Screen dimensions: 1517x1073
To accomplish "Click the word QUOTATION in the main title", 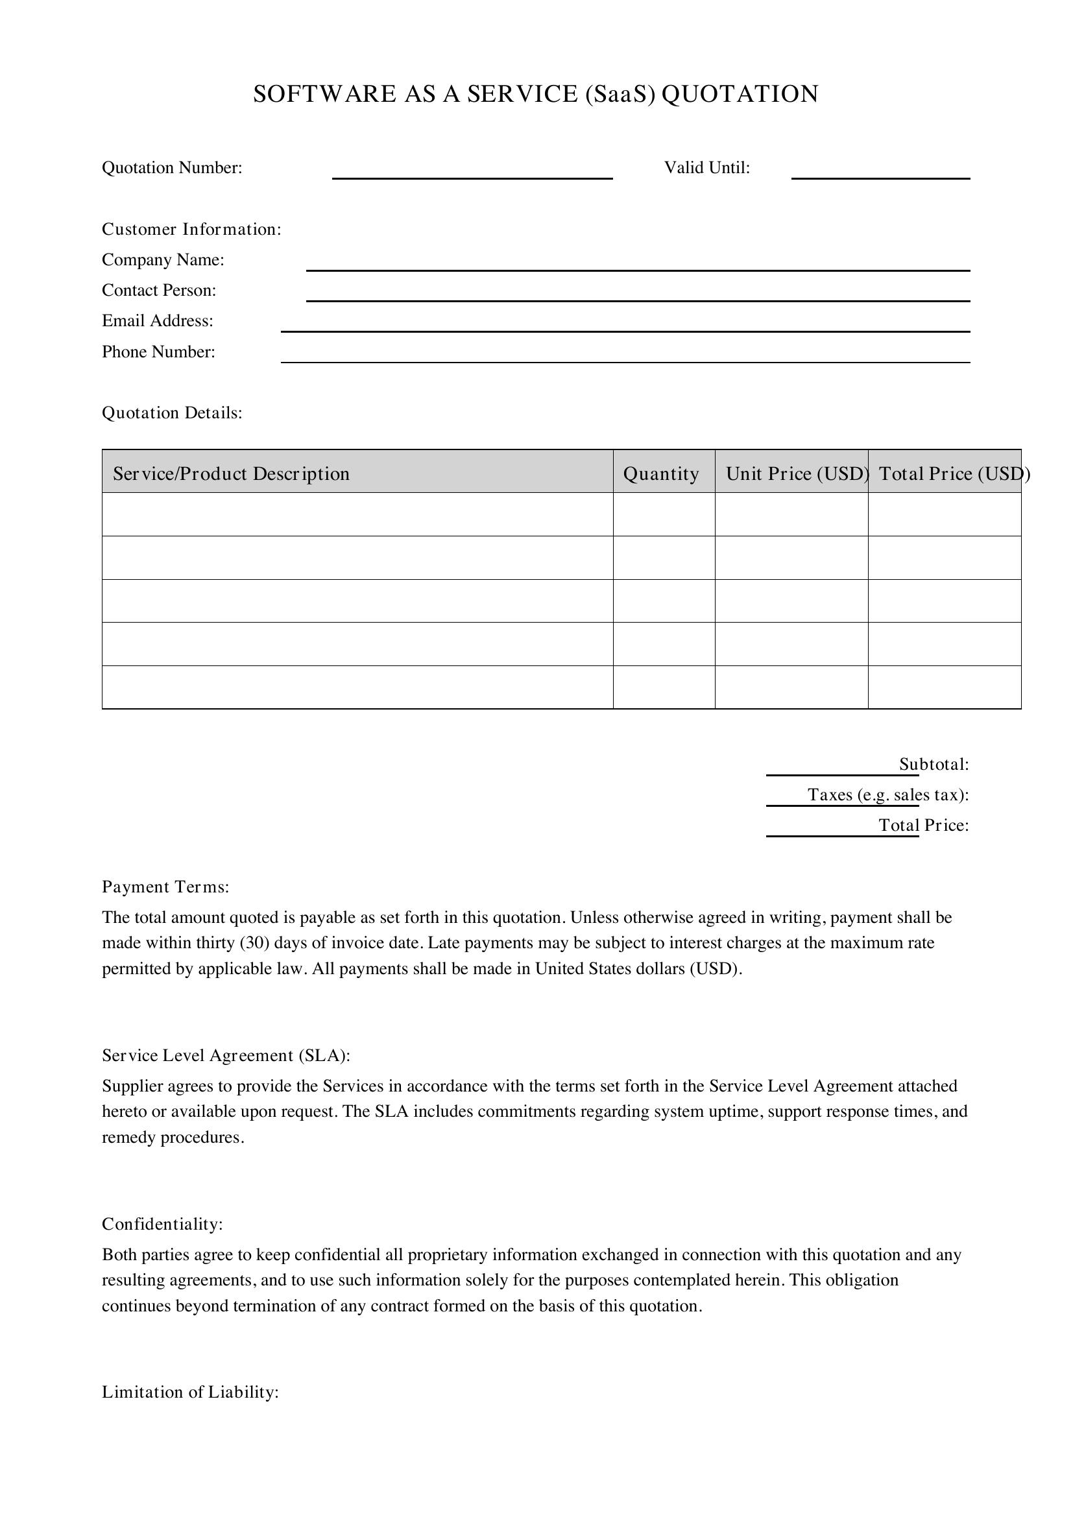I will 740,94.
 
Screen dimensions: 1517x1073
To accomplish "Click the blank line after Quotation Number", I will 472,173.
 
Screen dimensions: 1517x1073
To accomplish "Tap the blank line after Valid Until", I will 880,173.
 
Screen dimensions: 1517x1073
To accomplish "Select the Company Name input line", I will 638,265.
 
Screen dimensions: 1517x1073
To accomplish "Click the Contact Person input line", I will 638,295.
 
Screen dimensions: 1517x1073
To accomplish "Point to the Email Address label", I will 157,321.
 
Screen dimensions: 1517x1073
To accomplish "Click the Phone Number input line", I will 625,357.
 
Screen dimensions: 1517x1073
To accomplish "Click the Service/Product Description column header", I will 230,473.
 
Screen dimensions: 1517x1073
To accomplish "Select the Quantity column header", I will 660,473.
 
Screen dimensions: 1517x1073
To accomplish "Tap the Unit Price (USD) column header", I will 797,473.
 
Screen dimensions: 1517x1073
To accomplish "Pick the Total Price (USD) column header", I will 949,473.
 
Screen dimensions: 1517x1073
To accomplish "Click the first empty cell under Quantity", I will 664,514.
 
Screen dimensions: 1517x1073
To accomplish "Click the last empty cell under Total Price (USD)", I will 944,687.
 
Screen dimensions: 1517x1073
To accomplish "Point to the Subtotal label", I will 934,765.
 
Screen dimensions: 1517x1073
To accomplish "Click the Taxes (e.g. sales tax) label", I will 888,795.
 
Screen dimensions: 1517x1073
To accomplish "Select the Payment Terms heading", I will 165,887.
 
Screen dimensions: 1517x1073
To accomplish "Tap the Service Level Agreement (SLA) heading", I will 225,1056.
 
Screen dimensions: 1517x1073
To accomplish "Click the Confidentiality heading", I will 162,1224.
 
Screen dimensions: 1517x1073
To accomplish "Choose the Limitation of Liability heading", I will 189,1392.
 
